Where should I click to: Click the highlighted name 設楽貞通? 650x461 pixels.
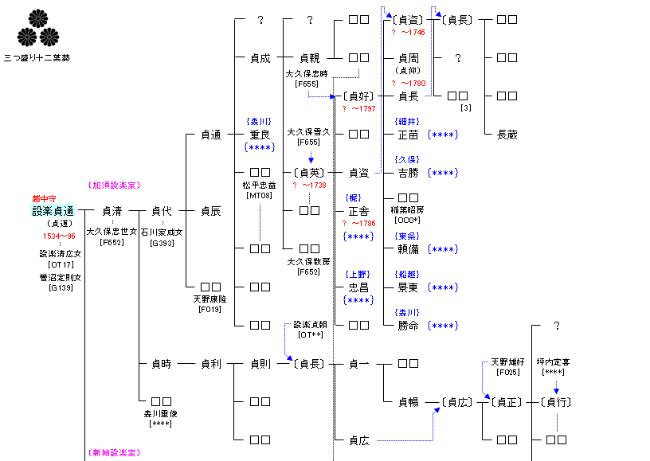tap(53, 211)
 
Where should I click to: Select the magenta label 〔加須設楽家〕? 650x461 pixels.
tap(113, 186)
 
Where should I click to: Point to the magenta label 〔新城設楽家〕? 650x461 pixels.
tap(113, 452)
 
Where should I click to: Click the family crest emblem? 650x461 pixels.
tap(38, 28)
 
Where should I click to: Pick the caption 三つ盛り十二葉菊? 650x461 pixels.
tap(37, 58)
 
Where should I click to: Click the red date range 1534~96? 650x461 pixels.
tap(59, 236)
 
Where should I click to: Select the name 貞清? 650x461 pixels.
tap(112, 211)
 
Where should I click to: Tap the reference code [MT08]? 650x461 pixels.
tap(260, 195)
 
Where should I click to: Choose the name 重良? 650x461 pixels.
tap(260, 135)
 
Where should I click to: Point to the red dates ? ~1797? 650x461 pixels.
tap(358, 108)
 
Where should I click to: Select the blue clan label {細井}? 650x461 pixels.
tap(408, 122)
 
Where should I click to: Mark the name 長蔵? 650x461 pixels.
tap(507, 135)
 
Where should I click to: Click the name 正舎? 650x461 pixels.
tap(358, 211)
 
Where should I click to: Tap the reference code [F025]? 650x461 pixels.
tap(507, 372)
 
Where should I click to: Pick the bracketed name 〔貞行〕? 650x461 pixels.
tap(557, 401)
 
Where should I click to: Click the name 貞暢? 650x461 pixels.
tap(408, 401)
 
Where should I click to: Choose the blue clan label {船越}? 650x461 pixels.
tap(408, 275)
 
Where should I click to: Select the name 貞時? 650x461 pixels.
tap(162, 364)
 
